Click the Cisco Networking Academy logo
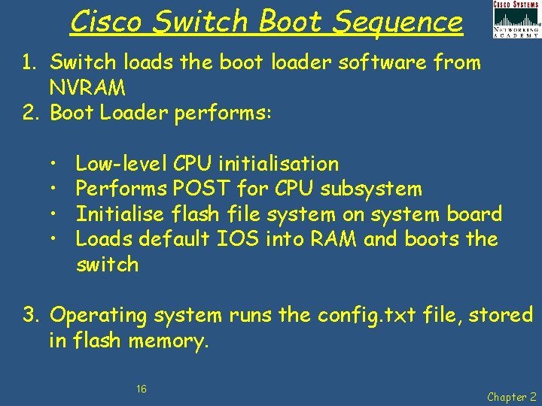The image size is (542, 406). (x=516, y=20)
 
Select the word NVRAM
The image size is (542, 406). (x=87, y=88)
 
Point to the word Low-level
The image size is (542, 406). (x=121, y=163)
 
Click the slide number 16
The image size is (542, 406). (x=142, y=389)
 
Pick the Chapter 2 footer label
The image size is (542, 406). (x=512, y=396)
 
